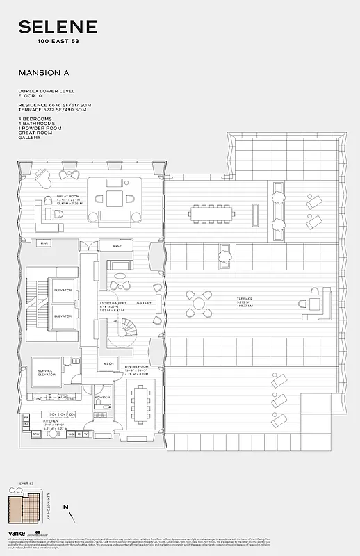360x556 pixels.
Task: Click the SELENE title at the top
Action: [58, 28]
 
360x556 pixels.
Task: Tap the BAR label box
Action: [44, 243]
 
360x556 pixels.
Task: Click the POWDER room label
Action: [103, 398]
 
